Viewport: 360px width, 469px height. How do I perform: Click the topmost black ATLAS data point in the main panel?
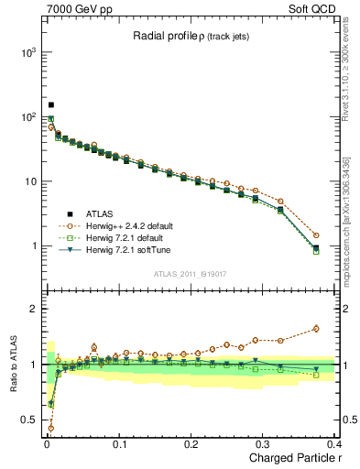coord(51,105)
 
